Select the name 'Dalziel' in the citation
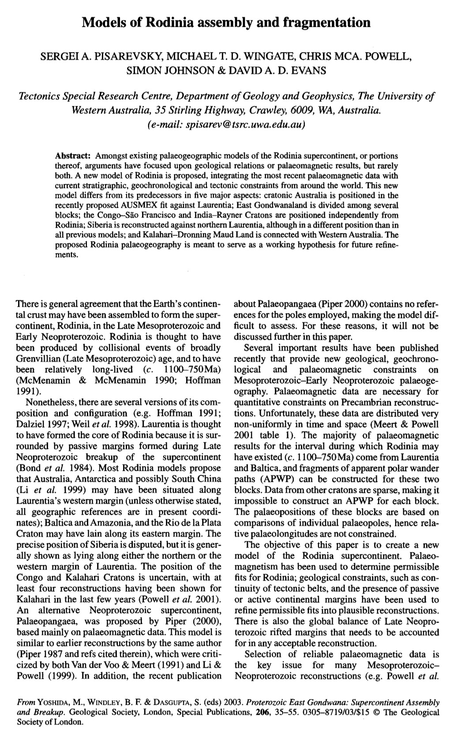pyautogui.click(x=30, y=425)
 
